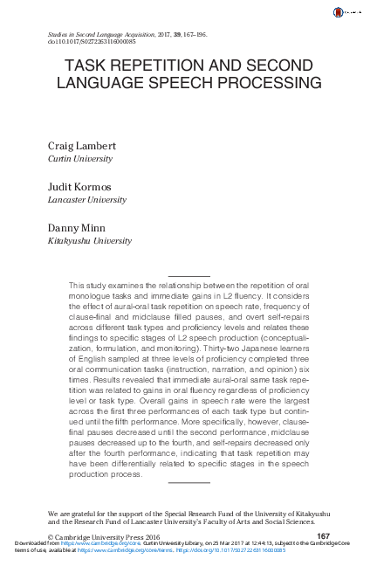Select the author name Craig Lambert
pyautogui.click(x=80, y=145)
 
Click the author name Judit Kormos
pyautogui.click(x=79, y=187)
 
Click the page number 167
pyautogui.click(x=323, y=535)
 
